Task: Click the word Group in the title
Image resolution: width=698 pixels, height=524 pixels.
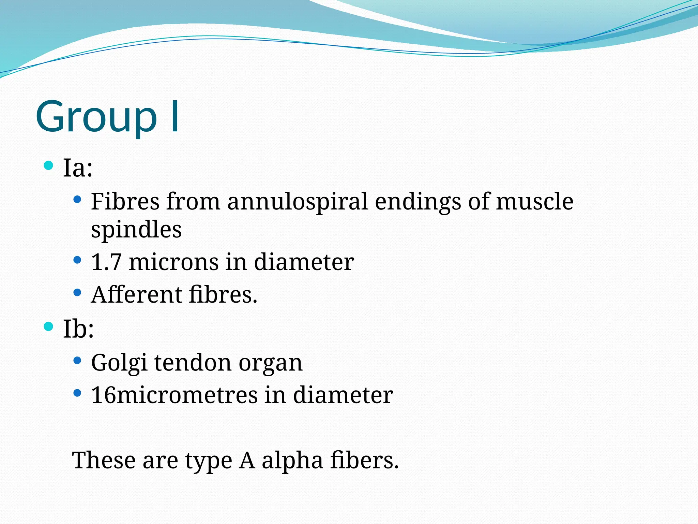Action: point(96,117)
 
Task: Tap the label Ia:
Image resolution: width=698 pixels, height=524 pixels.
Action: point(78,168)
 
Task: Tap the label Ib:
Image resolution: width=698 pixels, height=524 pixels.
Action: point(78,329)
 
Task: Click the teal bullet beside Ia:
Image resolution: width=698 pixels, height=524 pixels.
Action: point(49,166)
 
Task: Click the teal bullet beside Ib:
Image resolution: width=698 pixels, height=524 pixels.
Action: point(49,326)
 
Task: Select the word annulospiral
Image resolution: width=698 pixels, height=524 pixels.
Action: point(297,202)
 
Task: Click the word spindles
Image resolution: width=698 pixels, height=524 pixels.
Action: point(136,230)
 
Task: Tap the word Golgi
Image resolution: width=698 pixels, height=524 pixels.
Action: point(119,363)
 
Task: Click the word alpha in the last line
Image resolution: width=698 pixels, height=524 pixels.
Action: point(292,461)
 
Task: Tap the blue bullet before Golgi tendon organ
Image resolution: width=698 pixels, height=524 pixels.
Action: point(77,360)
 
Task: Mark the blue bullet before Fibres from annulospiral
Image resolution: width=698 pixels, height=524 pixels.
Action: point(77,199)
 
